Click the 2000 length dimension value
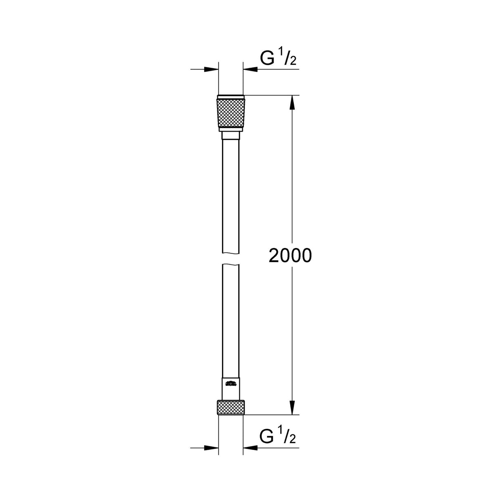(x=290, y=256)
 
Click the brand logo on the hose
(x=231, y=384)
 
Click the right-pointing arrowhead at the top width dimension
(x=213, y=69)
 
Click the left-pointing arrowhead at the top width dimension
(x=249, y=69)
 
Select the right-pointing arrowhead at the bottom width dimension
(x=213, y=447)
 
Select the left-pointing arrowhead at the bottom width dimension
(x=249, y=447)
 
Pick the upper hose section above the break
(x=231, y=194)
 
